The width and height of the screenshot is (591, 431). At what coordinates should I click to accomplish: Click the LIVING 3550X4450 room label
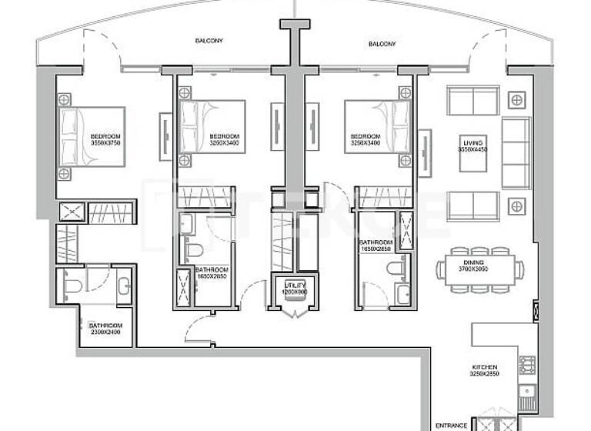(x=473, y=145)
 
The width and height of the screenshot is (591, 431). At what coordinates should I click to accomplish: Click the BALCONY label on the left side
(x=209, y=41)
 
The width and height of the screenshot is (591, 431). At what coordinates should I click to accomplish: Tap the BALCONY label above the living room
(x=382, y=45)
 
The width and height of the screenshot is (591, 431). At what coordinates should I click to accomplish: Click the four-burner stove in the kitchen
(x=527, y=364)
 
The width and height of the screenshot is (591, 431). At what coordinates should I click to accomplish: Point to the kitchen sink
(x=528, y=397)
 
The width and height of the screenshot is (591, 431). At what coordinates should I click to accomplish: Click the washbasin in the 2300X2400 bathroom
(x=125, y=286)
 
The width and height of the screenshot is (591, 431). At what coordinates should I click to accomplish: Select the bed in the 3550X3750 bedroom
(x=91, y=137)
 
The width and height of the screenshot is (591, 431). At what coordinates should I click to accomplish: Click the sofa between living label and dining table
(x=473, y=205)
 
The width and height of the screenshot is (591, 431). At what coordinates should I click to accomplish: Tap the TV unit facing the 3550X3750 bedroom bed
(x=165, y=137)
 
